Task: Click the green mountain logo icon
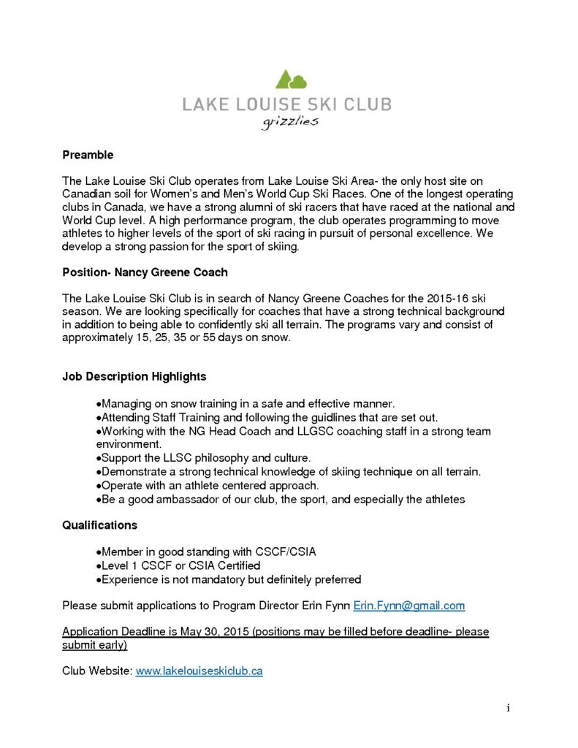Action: [x=290, y=79]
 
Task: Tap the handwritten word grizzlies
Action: [x=290, y=121]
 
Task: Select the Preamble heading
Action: [x=88, y=155]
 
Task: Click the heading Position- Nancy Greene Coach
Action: [x=145, y=272]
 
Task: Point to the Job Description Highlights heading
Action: [x=134, y=377]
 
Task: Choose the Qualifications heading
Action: [x=99, y=525]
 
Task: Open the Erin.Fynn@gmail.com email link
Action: [x=409, y=606]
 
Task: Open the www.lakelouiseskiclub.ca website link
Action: [x=199, y=671]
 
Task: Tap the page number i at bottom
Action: [x=507, y=708]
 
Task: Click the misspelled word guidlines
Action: [x=320, y=417]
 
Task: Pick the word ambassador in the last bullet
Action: [x=191, y=499]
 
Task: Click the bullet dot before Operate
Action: [x=99, y=485]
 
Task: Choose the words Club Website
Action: [x=96, y=671]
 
